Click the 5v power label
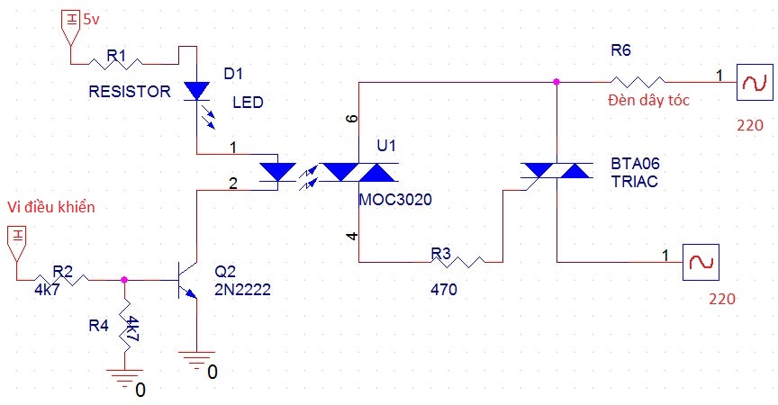[91, 20]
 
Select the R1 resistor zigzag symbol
[115, 63]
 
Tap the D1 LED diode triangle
[196, 91]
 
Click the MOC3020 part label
[395, 199]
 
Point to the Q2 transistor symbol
[187, 280]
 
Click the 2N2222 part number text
[242, 290]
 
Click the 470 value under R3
[444, 290]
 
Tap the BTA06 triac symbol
[556, 172]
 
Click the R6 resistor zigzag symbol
[638, 82]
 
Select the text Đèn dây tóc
[648, 100]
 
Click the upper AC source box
[755, 82]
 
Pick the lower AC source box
[701, 262]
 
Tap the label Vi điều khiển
[51, 207]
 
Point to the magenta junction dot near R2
[124, 280]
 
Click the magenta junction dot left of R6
[556, 82]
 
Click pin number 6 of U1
[352, 119]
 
